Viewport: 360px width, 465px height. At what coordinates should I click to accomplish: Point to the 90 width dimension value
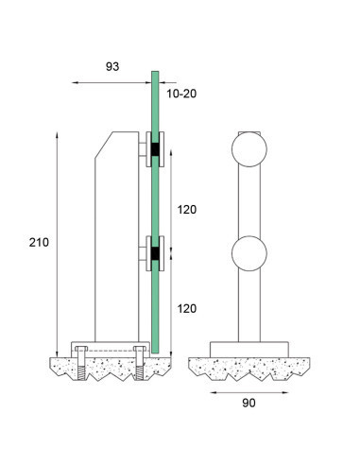point(249,402)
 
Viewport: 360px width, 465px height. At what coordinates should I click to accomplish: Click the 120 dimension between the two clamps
point(187,209)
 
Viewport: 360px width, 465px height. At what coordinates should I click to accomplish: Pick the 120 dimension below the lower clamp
point(187,308)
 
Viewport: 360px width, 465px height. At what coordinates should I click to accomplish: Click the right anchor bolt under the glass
point(142,364)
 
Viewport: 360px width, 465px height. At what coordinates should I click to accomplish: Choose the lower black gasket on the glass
point(151,253)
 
